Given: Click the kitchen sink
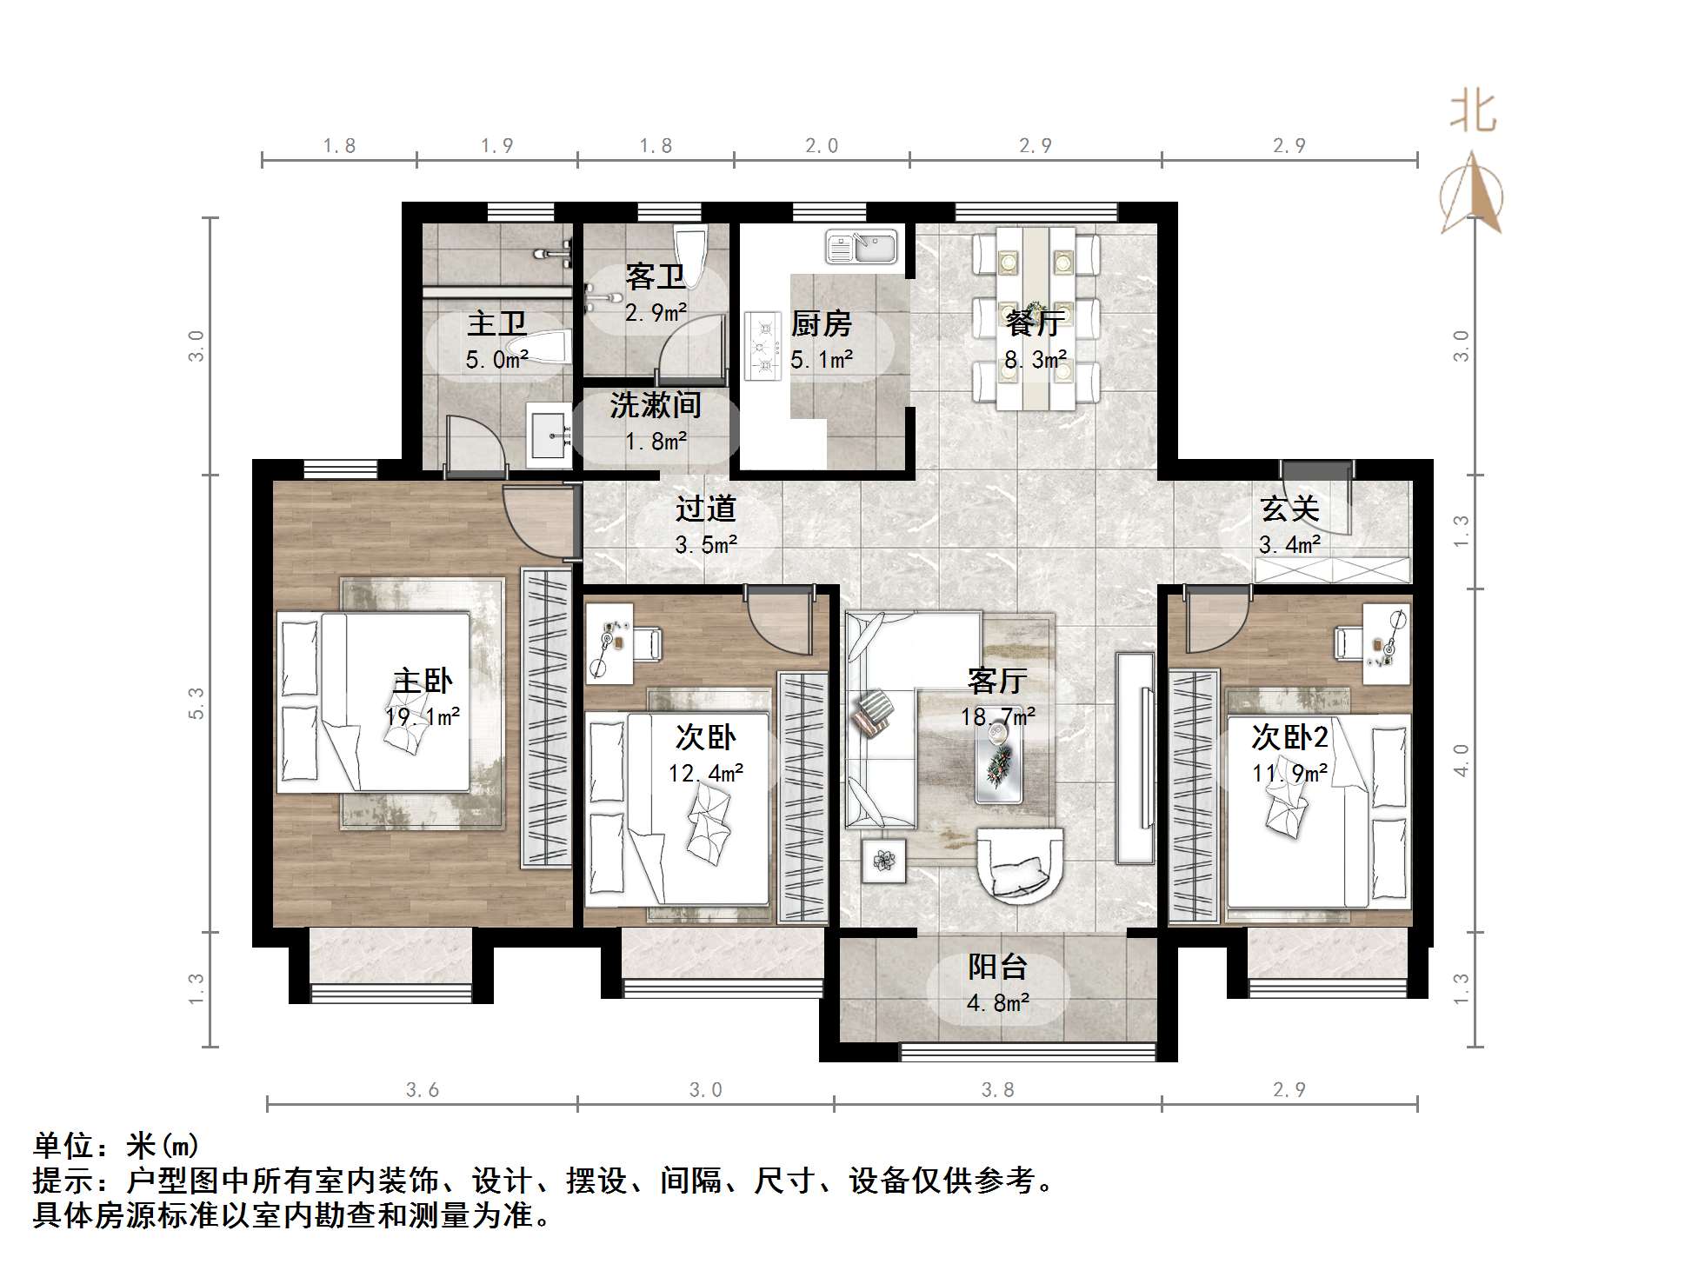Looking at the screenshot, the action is tap(861, 246).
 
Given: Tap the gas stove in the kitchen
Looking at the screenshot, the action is tap(764, 345).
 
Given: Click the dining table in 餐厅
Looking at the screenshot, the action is tap(1036, 317).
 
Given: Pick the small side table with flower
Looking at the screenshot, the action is tap(883, 861).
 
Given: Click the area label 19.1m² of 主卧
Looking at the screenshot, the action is tap(423, 716).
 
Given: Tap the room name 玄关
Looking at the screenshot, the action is tap(1289, 509).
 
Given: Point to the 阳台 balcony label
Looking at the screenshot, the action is tap(997, 967).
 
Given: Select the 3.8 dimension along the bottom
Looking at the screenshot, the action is tap(997, 1089).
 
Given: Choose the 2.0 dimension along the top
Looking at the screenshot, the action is tap(821, 145).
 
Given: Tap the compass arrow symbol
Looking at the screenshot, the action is tap(1471, 195).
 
